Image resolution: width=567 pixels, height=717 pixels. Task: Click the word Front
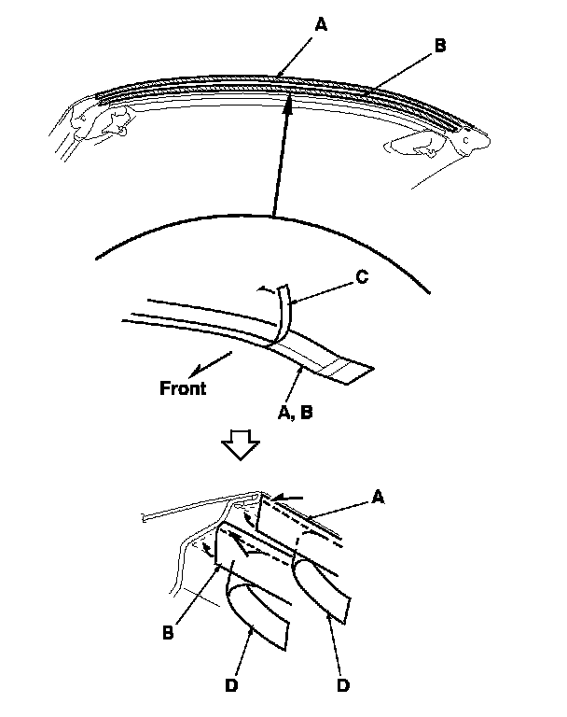point(183,387)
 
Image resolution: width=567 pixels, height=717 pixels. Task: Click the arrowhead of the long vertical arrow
point(289,105)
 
